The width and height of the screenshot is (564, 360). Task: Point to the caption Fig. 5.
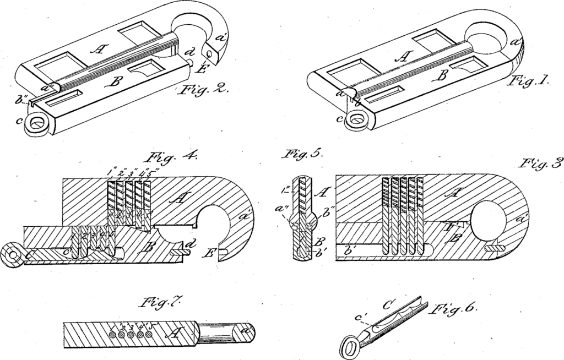click(x=301, y=156)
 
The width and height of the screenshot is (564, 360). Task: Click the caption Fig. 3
click(x=541, y=165)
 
